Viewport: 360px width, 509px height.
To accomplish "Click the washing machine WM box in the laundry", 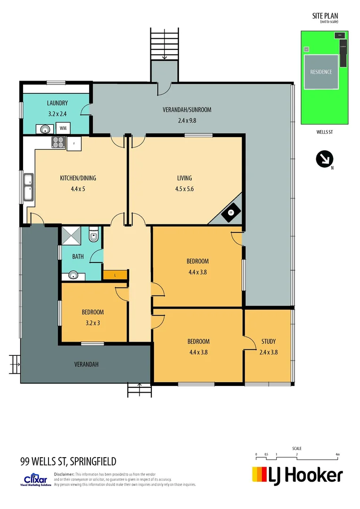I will [62, 128].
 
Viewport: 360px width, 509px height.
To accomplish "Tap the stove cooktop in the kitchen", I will [58, 142].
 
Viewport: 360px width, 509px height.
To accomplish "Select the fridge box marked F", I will [74, 143].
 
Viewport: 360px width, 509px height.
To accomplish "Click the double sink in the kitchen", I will [29, 187].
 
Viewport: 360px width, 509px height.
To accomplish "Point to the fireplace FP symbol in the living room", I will [231, 213].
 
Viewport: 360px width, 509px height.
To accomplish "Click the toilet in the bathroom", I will [93, 235].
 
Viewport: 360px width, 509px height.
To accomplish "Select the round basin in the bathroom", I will [73, 275].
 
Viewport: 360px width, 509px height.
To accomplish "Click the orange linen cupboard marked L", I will [115, 275].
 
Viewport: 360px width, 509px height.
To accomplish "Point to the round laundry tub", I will [45, 128].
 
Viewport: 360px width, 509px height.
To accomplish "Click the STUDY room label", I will [268, 341].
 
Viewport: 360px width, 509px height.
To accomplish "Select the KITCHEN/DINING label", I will [78, 178].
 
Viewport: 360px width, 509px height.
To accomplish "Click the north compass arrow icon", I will [325, 159].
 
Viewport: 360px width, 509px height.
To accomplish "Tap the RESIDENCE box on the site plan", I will [321, 72].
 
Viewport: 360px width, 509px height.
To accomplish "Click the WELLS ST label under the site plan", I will [324, 132].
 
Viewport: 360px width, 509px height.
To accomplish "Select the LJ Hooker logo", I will [297, 475].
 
